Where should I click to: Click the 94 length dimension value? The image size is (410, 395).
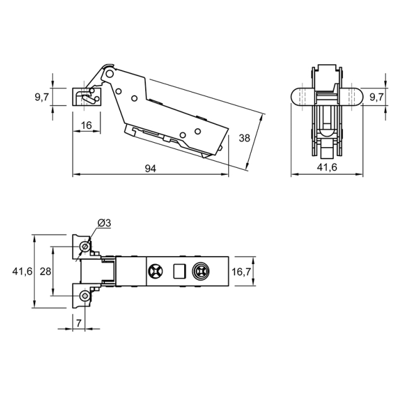point(150,169)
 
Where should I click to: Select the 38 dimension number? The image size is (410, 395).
point(245,138)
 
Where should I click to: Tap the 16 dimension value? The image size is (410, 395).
point(86,126)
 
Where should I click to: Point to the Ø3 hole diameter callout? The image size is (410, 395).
point(104,223)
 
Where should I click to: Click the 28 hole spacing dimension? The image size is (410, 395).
point(45,272)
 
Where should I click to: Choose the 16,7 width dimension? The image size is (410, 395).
point(241,272)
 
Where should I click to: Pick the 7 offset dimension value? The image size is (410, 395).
point(79,323)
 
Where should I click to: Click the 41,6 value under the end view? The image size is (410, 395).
point(327,167)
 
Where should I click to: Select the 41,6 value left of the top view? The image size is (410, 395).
point(22,272)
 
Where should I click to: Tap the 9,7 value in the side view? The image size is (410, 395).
point(42,97)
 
